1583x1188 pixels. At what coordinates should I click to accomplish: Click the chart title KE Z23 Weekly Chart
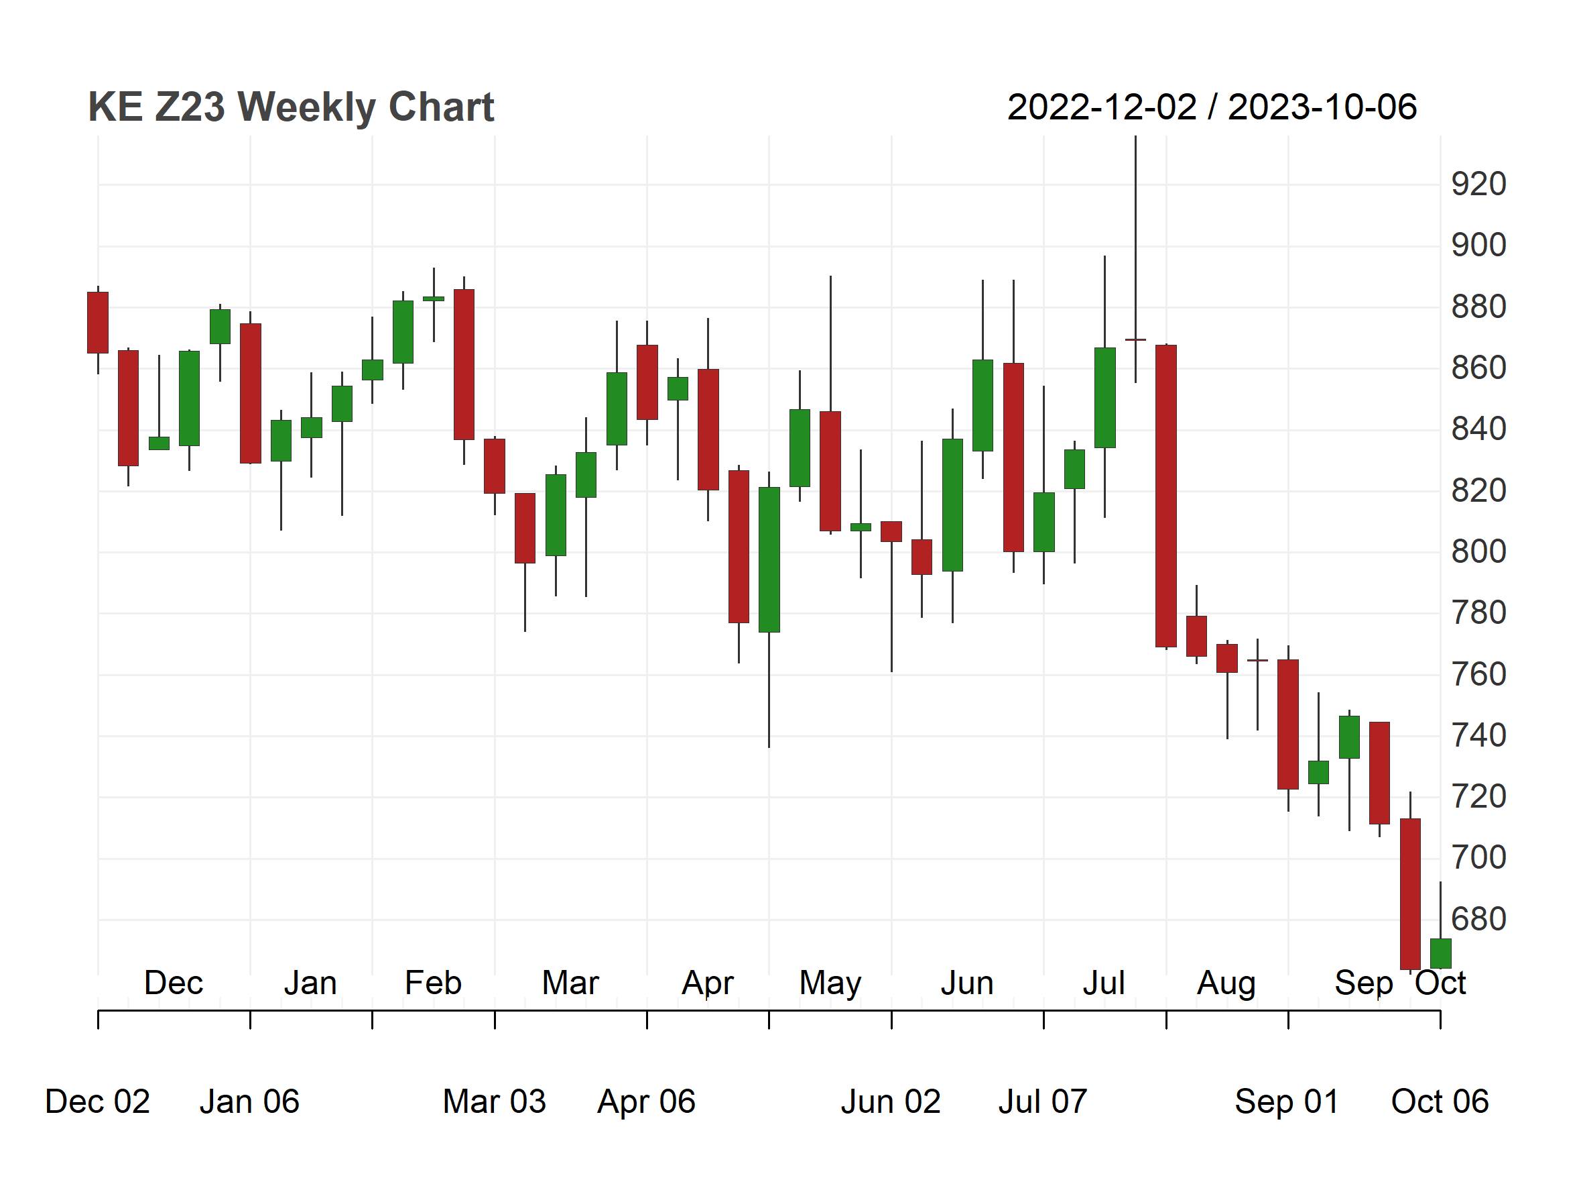pos(291,107)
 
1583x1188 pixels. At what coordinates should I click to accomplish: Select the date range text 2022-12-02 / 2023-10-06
pos(1212,107)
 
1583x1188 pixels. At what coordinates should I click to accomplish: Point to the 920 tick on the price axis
pos(1478,184)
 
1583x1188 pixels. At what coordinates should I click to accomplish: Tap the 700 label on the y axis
pos(1478,857)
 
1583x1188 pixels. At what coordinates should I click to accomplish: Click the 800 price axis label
pos(1478,551)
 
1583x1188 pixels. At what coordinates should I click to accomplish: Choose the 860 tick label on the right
pos(1478,368)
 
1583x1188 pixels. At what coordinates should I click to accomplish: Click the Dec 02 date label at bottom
pos(97,1101)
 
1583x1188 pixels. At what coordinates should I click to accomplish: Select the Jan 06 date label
pos(249,1101)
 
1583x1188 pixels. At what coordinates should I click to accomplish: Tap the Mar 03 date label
pos(495,1101)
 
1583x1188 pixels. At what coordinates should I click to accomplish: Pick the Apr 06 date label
pos(646,1101)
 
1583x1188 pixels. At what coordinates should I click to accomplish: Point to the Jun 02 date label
pos(891,1101)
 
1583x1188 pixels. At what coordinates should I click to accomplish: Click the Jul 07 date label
pos(1043,1101)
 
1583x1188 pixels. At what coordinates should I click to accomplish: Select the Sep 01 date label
pos(1287,1101)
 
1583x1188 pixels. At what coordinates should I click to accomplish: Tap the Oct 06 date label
pos(1440,1101)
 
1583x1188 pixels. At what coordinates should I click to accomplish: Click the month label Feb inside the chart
pos(433,983)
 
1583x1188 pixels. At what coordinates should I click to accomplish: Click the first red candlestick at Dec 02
pos(98,322)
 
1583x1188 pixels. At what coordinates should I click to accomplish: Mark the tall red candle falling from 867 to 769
pos(1165,496)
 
